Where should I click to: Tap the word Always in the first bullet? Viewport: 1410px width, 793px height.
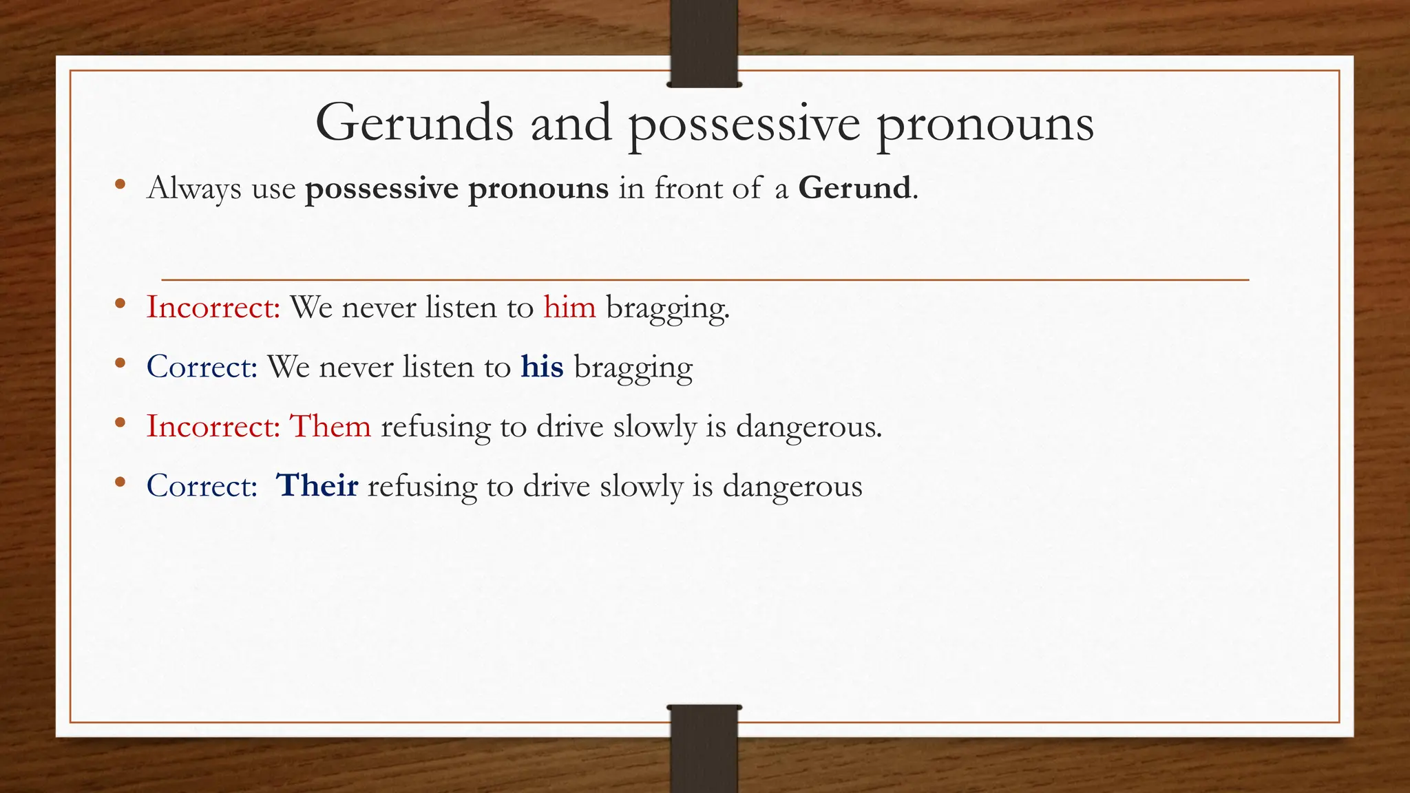click(x=194, y=189)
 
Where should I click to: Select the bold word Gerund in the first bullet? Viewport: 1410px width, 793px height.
click(x=854, y=188)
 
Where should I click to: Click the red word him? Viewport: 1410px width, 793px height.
click(x=569, y=307)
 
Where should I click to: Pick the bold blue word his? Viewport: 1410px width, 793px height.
click(x=542, y=367)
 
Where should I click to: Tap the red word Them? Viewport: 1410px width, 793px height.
click(x=330, y=426)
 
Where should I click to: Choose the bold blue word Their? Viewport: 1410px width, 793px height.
click(x=317, y=486)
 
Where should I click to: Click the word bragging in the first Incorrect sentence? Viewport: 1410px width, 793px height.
click(x=666, y=308)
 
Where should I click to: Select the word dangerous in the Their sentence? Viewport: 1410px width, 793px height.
click(x=792, y=487)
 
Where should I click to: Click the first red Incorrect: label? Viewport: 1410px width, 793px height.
click(x=213, y=307)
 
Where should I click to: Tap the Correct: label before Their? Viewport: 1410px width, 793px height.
click(x=202, y=486)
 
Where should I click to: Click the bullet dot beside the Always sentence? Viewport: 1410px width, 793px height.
click(x=120, y=184)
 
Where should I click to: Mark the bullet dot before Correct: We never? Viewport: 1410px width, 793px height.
click(x=120, y=363)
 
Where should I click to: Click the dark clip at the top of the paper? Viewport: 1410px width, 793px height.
click(x=704, y=43)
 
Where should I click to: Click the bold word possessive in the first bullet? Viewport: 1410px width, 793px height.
click(x=381, y=189)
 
